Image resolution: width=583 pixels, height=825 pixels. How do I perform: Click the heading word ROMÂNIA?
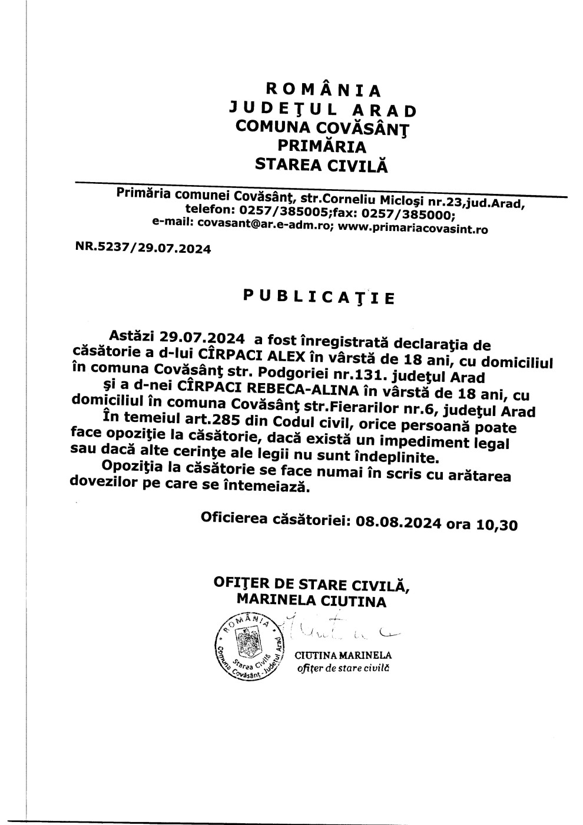coord(324,90)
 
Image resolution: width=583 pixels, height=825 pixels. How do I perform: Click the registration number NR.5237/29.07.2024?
coord(143,249)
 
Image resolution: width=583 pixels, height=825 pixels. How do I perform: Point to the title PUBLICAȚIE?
coord(319,296)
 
